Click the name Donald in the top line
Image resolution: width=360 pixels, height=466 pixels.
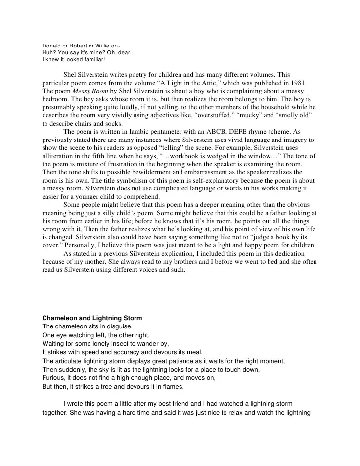tap(51, 47)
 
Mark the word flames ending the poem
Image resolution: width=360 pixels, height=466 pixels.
tap(173, 385)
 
